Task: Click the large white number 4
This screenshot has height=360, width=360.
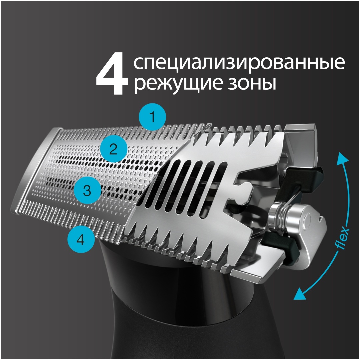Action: pyautogui.click(x=112, y=74)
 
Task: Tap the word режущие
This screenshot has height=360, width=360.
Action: pyautogui.click(x=175, y=85)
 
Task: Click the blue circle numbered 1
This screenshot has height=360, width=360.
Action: pyautogui.click(x=152, y=117)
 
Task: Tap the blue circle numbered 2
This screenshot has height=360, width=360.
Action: pyautogui.click(x=113, y=149)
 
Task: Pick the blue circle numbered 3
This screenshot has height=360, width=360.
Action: pyautogui.click(x=87, y=190)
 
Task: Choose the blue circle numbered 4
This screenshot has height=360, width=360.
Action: pyautogui.click(x=81, y=240)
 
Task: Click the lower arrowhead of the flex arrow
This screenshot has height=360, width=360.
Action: pyautogui.click(x=299, y=294)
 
